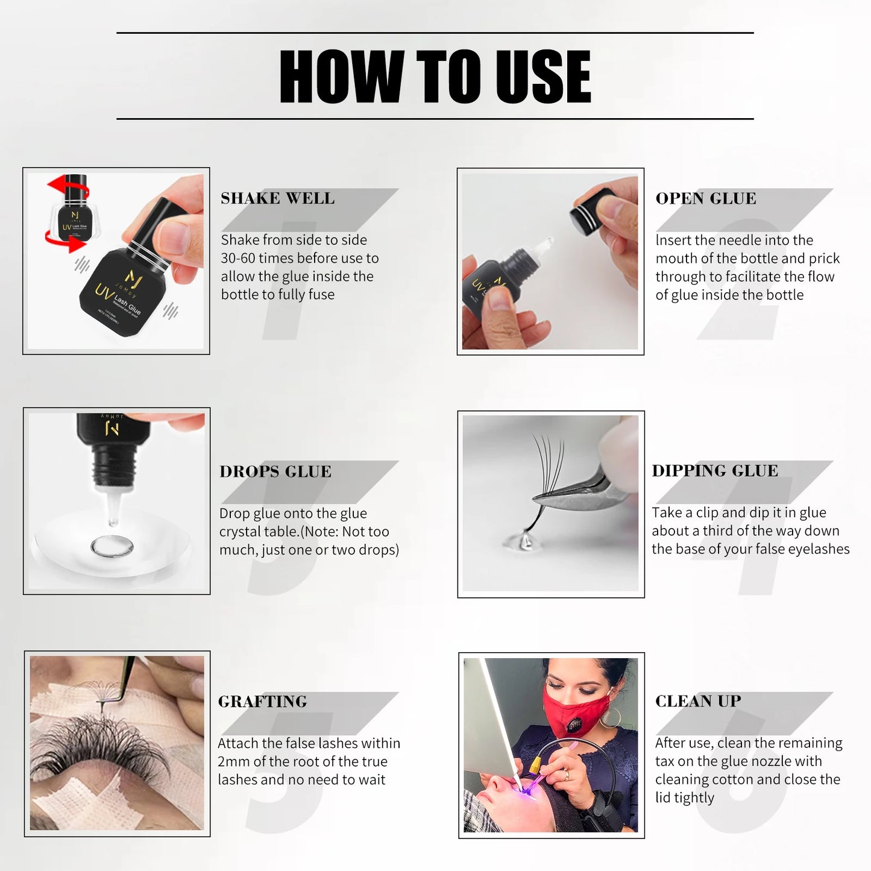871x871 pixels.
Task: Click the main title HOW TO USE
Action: (435, 77)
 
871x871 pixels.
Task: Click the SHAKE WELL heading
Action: (277, 198)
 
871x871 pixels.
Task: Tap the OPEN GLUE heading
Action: (705, 198)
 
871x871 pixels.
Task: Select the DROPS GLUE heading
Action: (275, 471)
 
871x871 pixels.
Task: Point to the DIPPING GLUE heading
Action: (714, 471)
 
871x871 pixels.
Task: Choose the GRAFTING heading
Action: (262, 702)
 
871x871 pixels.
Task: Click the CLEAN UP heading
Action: (697, 701)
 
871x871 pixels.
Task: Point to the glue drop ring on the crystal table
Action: (112, 547)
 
